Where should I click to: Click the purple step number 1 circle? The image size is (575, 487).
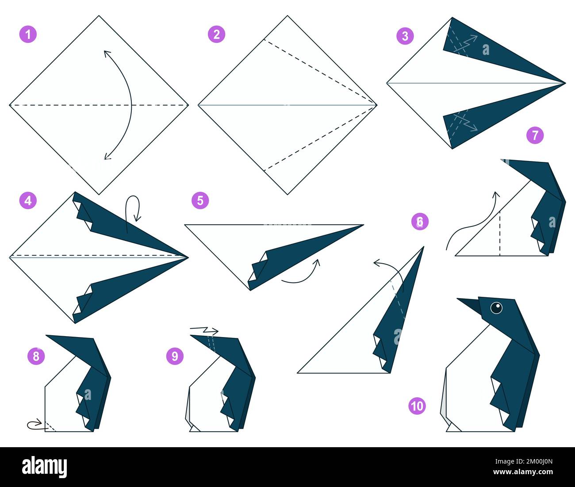[x=28, y=34]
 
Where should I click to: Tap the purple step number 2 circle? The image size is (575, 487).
[x=216, y=34]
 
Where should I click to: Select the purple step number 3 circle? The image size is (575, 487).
[x=405, y=36]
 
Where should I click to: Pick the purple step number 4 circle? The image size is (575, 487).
[x=28, y=200]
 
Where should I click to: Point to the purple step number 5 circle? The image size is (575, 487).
[x=200, y=200]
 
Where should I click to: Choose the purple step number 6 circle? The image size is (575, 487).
[x=420, y=221]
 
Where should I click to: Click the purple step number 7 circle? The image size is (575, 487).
[x=535, y=135]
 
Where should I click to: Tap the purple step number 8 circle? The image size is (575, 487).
[x=36, y=356]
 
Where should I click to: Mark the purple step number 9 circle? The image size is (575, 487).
[x=175, y=356]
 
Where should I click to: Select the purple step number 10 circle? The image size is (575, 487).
[x=417, y=406]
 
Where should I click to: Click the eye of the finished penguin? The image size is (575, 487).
[x=496, y=307]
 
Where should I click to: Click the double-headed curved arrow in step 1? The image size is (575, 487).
[x=124, y=105]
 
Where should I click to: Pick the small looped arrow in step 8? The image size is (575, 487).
[x=35, y=425]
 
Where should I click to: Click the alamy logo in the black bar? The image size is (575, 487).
[x=44, y=467]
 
